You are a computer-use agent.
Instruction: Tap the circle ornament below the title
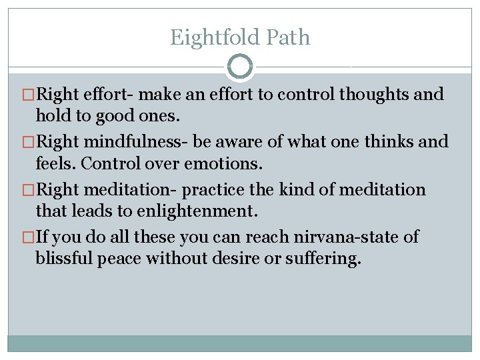pos(240,67)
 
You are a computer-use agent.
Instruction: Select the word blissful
pos(64,258)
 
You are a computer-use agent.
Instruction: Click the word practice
pos(213,190)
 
